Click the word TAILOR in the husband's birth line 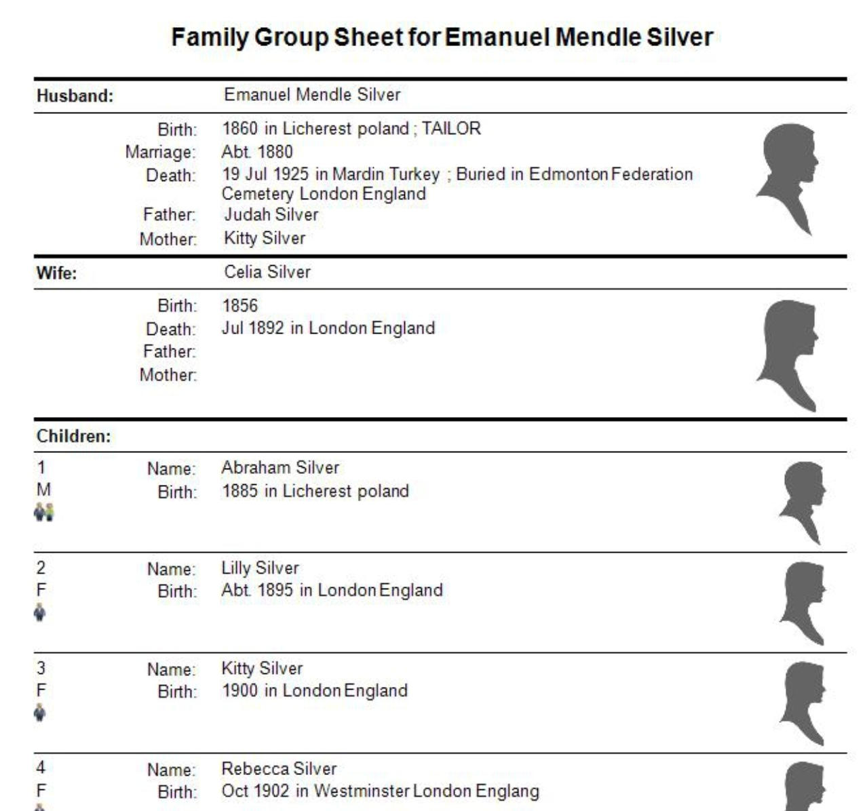click(x=451, y=128)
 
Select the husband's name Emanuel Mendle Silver click(x=312, y=95)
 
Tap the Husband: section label click(x=75, y=96)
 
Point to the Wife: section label click(x=57, y=273)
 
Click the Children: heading click(x=73, y=436)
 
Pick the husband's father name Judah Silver click(x=271, y=215)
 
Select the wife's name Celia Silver click(x=267, y=272)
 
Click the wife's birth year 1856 click(x=240, y=305)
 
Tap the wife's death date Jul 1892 click(x=252, y=328)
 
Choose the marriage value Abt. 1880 click(x=257, y=152)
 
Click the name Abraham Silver click(x=280, y=467)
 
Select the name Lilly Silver click(x=260, y=568)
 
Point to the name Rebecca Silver click(x=279, y=768)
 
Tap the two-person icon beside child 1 click(x=43, y=512)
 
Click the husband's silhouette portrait click(x=788, y=178)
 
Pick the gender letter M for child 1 click(x=43, y=490)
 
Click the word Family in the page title click(x=210, y=37)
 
